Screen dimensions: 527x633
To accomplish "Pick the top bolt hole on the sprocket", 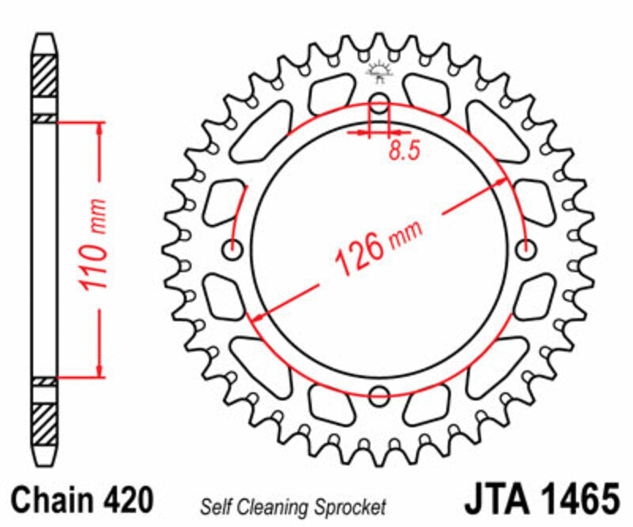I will click(x=380, y=103).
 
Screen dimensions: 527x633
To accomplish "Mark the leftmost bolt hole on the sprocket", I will click(x=233, y=250).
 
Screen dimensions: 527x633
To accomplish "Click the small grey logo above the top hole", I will click(x=380, y=72).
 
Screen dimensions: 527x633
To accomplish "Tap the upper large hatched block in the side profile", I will click(x=45, y=77).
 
